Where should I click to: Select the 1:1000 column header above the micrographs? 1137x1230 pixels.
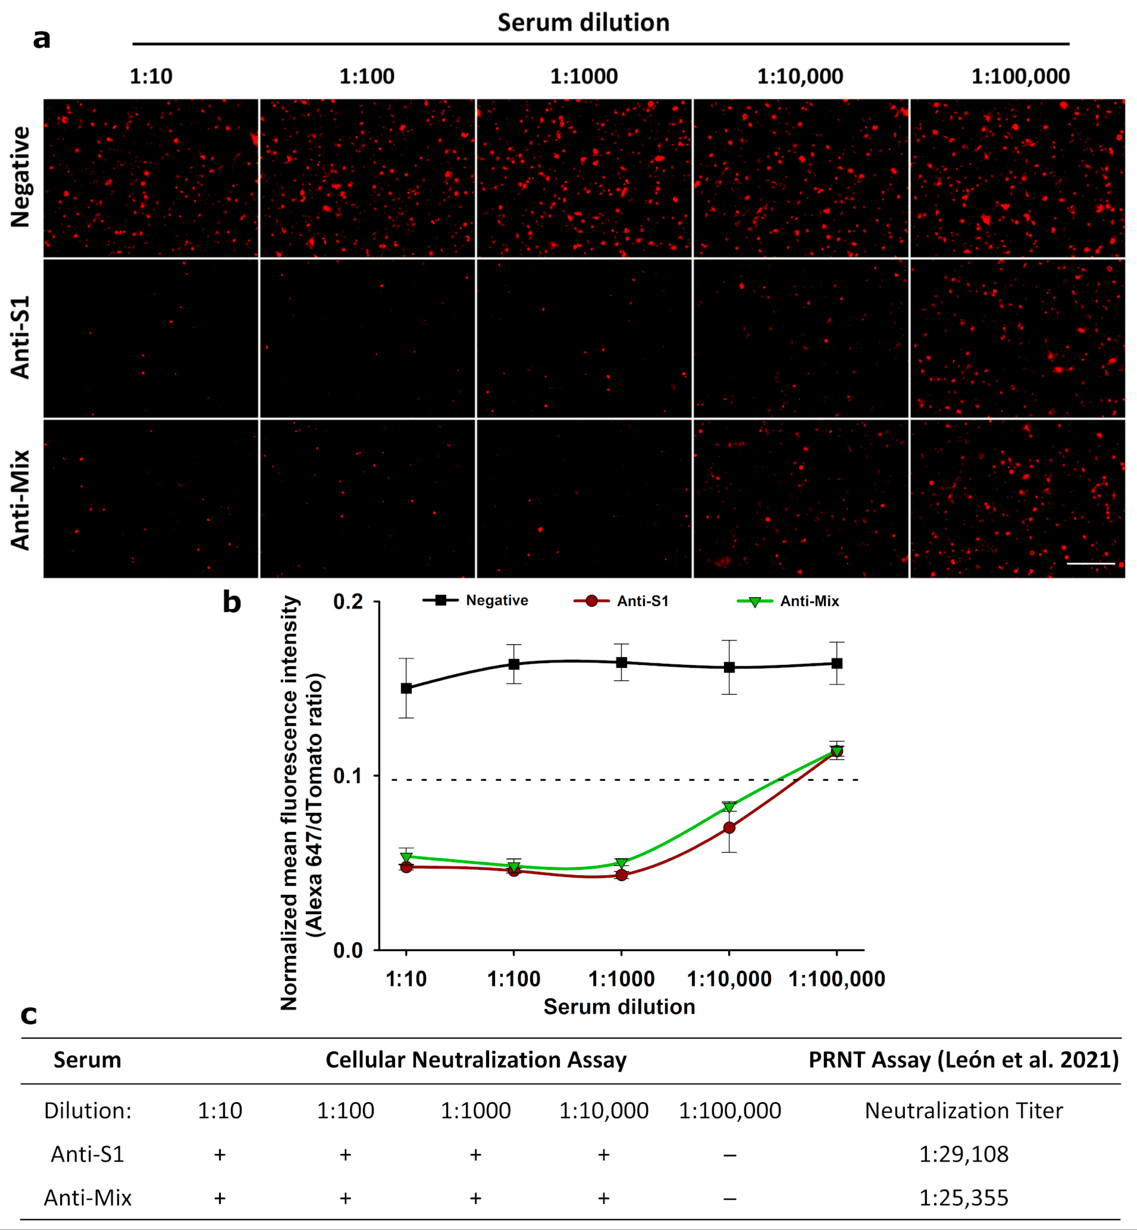coord(583,76)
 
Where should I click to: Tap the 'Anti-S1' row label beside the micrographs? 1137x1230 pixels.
coord(20,337)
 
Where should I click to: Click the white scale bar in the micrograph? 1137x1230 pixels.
coord(1090,563)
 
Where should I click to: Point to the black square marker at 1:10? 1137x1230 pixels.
coord(406,688)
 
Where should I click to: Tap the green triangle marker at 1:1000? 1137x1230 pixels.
coord(621,863)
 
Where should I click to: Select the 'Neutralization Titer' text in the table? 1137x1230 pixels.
coord(963,1111)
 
